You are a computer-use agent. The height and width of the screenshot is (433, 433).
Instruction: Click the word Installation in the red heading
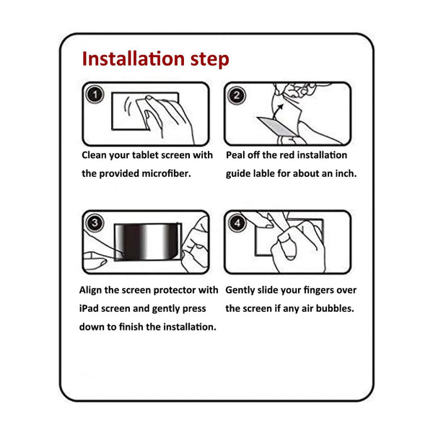pos(134,59)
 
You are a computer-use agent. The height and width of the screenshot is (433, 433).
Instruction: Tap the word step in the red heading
pos(210,60)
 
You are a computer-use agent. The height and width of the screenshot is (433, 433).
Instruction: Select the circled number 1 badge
pos(95,95)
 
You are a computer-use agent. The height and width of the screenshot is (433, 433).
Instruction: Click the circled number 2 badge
pos(237,95)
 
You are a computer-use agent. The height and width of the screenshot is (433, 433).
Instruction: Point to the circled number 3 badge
pos(95,223)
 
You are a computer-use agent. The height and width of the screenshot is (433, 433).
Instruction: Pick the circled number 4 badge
pos(237,223)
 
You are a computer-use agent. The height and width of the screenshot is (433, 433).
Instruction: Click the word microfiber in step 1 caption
pos(166,173)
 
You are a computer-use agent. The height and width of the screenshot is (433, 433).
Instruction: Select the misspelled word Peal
pos(235,155)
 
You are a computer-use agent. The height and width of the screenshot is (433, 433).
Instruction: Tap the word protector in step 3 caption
pos(174,290)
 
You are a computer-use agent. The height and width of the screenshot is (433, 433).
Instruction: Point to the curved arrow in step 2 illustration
pos(278,111)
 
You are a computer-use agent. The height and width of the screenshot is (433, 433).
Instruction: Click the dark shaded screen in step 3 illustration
pos(148,242)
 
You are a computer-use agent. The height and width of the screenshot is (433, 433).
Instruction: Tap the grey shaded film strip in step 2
pos(277,126)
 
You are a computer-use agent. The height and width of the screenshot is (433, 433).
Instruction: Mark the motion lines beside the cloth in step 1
pos(128,106)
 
